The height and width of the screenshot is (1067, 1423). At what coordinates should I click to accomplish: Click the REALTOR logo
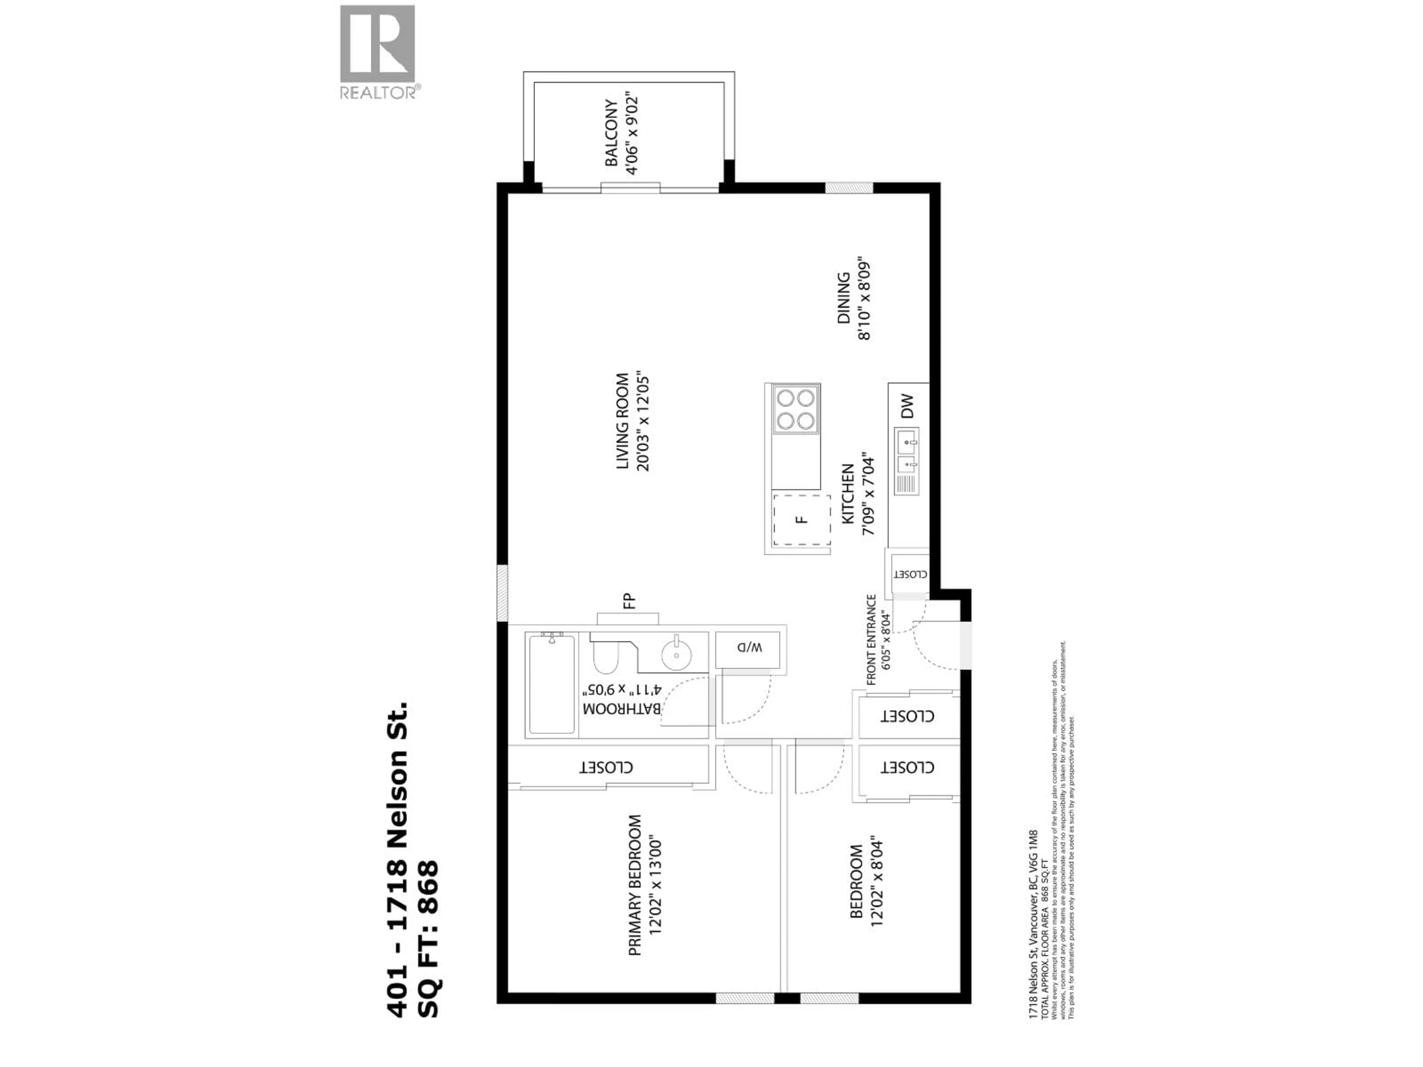point(378,51)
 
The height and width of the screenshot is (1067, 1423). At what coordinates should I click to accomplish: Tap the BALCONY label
point(611,133)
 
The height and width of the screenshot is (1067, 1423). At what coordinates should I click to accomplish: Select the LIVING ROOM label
point(622,421)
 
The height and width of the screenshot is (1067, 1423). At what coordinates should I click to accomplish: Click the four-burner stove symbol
point(796,410)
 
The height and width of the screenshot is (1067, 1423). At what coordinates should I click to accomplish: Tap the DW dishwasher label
point(907,406)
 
